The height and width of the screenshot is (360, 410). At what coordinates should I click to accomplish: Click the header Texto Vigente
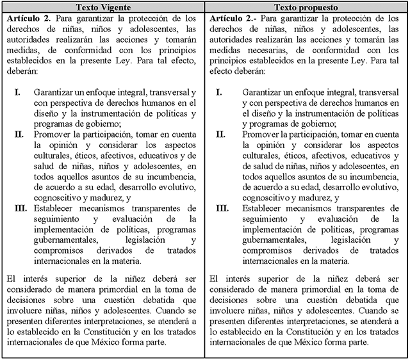tap(103, 7)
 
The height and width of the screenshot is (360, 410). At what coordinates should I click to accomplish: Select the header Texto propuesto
tap(306, 7)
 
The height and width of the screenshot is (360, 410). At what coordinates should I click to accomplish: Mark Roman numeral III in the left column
tap(21, 208)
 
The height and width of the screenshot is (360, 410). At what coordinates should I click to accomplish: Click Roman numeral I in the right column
tap(219, 92)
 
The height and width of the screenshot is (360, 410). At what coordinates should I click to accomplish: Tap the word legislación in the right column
tap(343, 239)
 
